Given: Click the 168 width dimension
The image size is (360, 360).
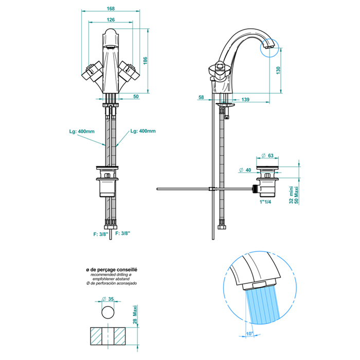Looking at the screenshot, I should point(111,9).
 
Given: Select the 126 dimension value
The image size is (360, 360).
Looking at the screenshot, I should point(111,20).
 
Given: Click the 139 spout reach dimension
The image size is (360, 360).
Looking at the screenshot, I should point(245,99).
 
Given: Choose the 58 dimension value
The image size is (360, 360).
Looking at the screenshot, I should point(201,97).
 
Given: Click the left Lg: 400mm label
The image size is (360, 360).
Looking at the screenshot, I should point(82,131).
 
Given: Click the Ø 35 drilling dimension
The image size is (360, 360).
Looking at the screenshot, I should point(109,299).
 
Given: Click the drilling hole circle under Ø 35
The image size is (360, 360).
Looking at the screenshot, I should point(109,312).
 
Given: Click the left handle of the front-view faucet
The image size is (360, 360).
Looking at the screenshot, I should point(91,71).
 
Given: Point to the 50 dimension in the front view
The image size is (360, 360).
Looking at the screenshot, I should point(136,96).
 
